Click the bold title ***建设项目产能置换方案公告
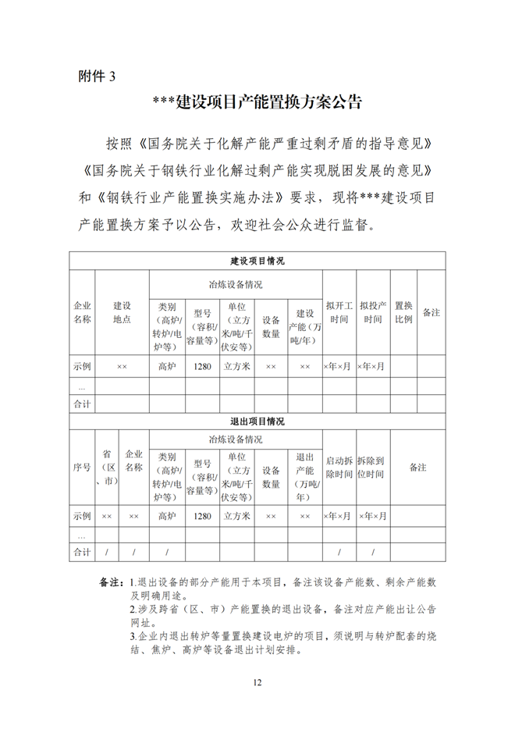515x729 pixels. pyautogui.click(x=257, y=102)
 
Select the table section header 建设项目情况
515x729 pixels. pyautogui.click(x=257, y=261)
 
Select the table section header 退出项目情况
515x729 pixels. pyautogui.click(x=257, y=421)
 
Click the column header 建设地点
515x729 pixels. pyautogui.click(x=122, y=312)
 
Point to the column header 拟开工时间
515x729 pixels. pyautogui.click(x=339, y=312)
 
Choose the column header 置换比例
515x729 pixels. pyautogui.click(x=403, y=312)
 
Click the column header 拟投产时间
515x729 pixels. pyautogui.click(x=372, y=312)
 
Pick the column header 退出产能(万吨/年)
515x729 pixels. pyautogui.click(x=304, y=472)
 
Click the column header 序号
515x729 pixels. pyautogui.click(x=82, y=468)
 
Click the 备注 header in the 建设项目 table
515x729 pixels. pyautogui.click(x=432, y=312)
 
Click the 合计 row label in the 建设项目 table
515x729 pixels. pyautogui.click(x=82, y=404)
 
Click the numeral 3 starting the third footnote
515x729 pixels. pyautogui.click(x=133, y=635)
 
